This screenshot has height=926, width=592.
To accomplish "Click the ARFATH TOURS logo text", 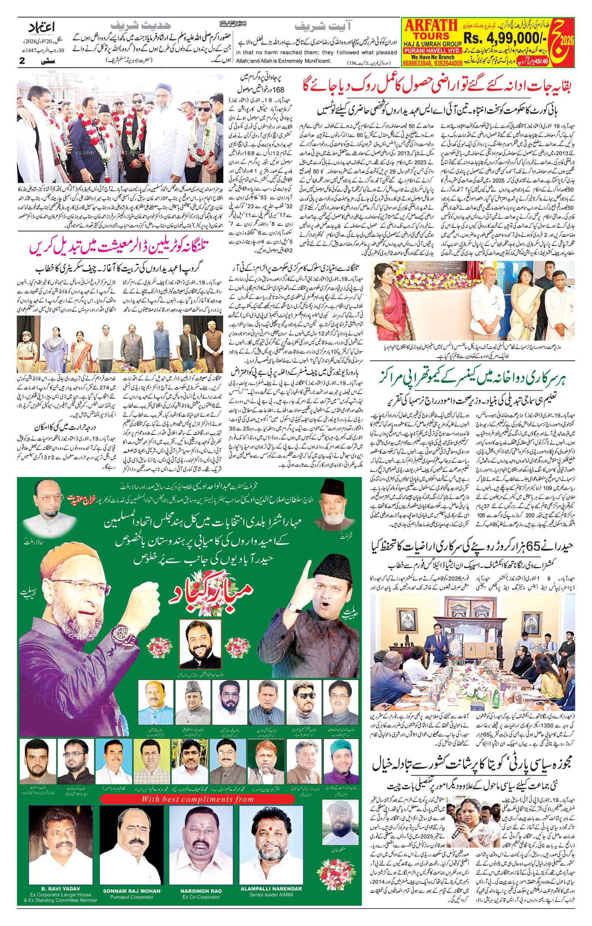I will pyautogui.click(x=431, y=30).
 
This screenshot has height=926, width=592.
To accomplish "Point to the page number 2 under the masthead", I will pyautogui.click(x=22, y=61).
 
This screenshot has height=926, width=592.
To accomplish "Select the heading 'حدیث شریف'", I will pyautogui.click(x=140, y=26).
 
